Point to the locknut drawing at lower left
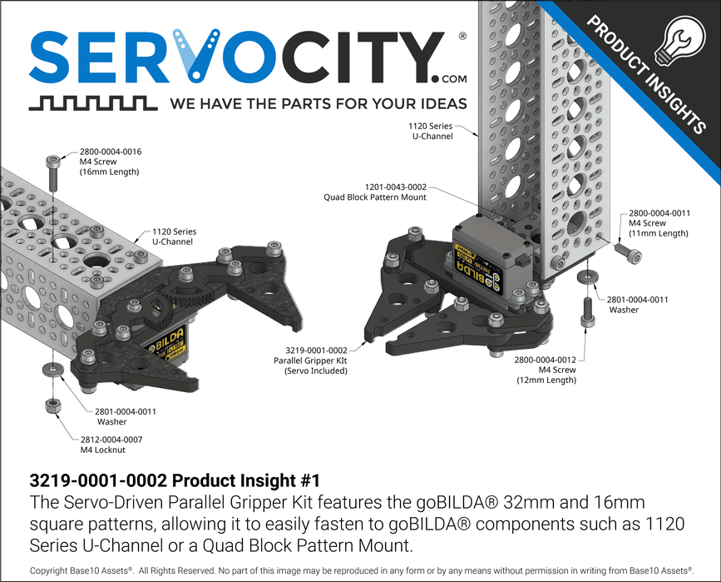click(x=51, y=405)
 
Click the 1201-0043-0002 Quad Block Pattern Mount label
click(x=375, y=192)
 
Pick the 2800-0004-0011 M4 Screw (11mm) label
click(x=659, y=223)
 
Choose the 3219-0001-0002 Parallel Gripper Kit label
click(x=310, y=361)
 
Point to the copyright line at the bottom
click(x=360, y=571)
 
